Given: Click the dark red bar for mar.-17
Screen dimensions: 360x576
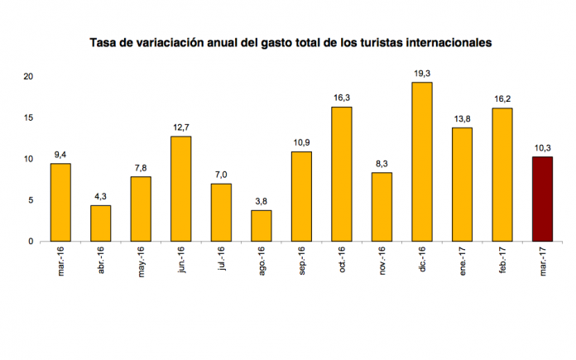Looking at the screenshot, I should point(542,199).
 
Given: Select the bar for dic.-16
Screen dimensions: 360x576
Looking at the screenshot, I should point(421,162).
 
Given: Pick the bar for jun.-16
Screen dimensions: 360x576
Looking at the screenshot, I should point(180,189).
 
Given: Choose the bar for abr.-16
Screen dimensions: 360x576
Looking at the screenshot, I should point(100,223).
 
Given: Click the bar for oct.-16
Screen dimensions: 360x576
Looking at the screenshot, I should point(341,174).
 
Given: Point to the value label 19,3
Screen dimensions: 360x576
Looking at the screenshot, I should point(421,74).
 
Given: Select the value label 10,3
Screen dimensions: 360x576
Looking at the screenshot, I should point(542,148).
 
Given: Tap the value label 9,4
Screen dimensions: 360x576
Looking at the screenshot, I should point(60,154).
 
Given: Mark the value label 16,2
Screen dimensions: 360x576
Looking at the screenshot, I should point(502,98).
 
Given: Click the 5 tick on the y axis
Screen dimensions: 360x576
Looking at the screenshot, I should point(30,200).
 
